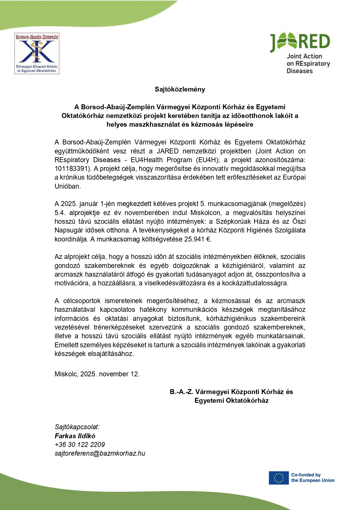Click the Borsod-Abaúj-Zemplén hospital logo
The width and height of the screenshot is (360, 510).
pos(37,53)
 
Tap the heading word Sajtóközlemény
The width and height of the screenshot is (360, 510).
pos(180,89)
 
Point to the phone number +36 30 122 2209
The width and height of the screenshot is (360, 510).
pos(80,444)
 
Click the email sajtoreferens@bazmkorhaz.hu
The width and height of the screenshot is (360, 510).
pos(100,453)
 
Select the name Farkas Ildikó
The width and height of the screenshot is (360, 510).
pos(75,436)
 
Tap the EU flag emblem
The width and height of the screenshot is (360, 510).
pos(278,478)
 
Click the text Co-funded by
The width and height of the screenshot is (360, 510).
pos(306,475)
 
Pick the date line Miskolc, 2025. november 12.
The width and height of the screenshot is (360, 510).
pos(97,374)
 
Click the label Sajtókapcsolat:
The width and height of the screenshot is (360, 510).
pos(77,427)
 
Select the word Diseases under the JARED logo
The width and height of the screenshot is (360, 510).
pos(299,71)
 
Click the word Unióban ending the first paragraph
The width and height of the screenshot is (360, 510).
pos(67,186)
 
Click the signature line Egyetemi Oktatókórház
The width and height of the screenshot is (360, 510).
pos(231,400)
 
